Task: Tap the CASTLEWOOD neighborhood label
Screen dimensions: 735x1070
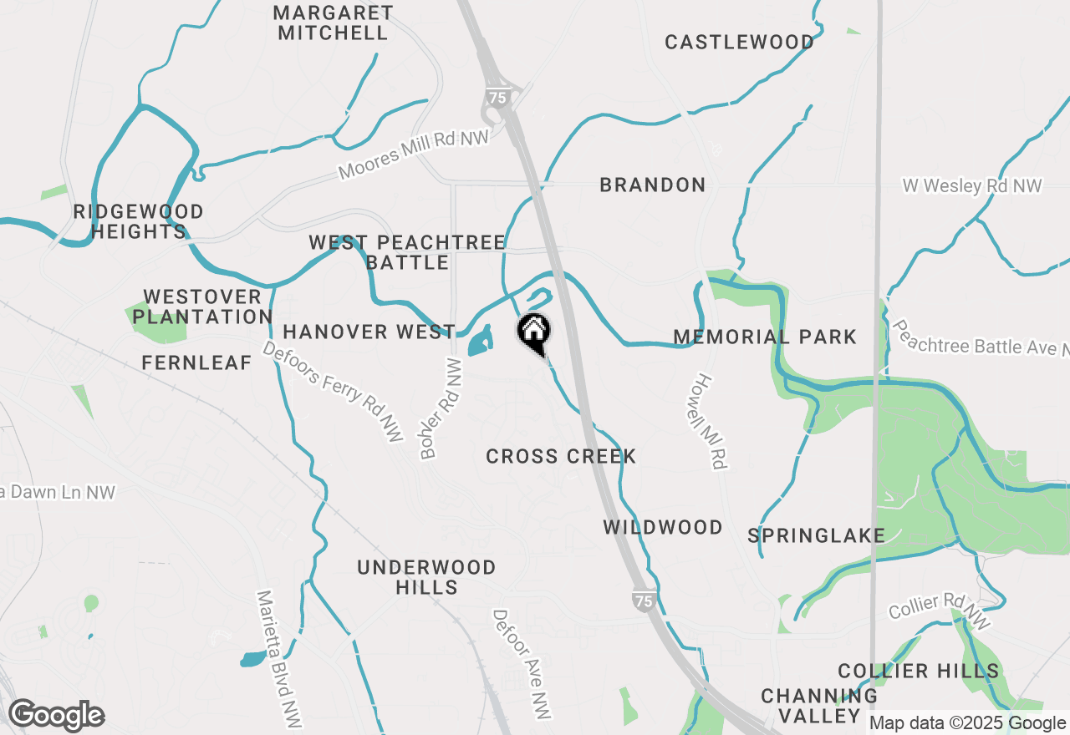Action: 739,42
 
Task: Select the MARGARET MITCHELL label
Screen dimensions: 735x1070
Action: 333,23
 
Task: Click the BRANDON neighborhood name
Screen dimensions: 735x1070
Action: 653,185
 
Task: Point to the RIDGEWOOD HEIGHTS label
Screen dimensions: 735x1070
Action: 138,222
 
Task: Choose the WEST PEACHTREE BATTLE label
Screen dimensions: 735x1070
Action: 407,252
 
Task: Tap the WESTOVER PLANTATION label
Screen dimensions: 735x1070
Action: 202,307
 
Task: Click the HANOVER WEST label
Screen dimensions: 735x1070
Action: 369,332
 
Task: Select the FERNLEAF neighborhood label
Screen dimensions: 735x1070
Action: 196,362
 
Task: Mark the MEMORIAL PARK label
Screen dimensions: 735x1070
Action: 765,337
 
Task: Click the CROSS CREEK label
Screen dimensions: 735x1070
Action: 561,456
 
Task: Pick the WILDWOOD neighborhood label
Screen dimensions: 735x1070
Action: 663,527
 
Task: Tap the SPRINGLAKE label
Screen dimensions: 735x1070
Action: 816,535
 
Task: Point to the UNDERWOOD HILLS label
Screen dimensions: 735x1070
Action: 426,577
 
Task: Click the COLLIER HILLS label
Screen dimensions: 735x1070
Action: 918,671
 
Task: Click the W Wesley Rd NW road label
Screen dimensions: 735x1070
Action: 972,185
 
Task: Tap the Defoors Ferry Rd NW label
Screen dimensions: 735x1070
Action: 333,390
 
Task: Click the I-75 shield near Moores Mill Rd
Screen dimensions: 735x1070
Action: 497,98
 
